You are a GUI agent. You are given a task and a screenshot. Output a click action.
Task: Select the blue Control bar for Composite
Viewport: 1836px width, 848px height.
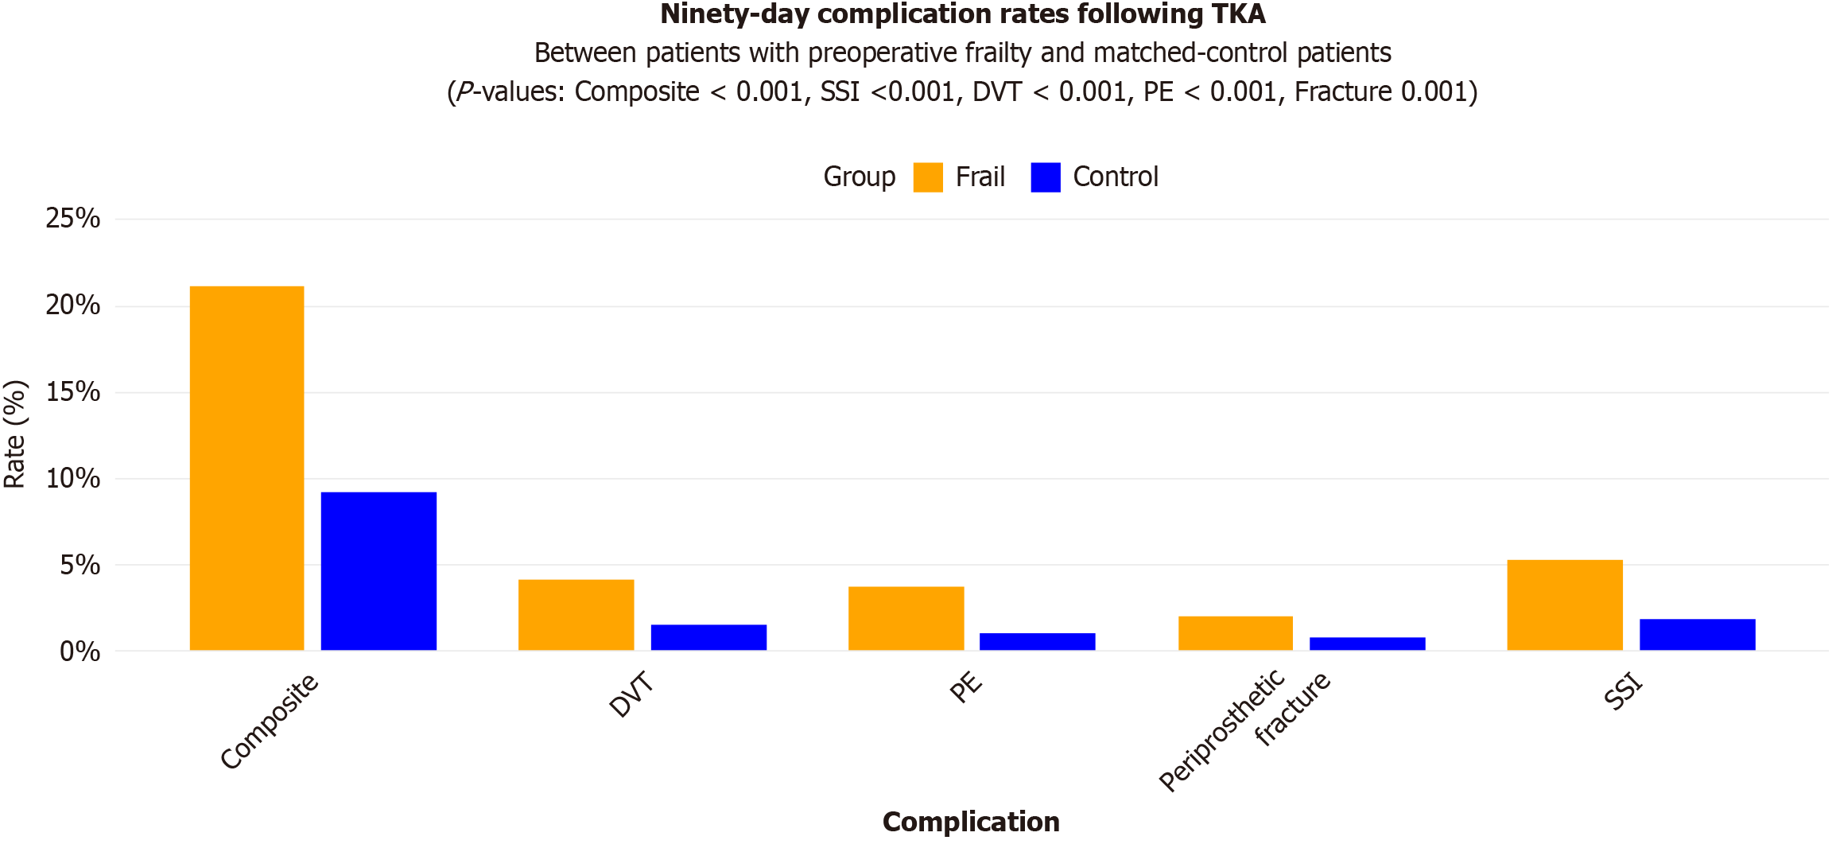point(378,571)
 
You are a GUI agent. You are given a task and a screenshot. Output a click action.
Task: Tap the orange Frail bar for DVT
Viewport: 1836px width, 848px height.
point(576,615)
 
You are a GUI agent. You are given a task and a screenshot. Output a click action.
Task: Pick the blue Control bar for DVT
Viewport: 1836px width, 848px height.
point(708,637)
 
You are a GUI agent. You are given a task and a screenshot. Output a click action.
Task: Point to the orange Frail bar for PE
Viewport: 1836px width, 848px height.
point(906,618)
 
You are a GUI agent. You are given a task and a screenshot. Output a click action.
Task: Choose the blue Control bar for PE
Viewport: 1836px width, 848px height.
point(1037,642)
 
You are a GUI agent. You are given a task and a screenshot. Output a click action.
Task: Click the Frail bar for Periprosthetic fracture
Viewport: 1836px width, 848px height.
point(1235,633)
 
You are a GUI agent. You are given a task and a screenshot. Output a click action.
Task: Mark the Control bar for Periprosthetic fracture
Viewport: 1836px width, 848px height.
point(1367,644)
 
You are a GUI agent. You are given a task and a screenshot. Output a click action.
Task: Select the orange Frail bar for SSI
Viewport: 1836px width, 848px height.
point(1564,605)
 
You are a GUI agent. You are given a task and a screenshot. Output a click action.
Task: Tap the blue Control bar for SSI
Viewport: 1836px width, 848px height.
point(1697,635)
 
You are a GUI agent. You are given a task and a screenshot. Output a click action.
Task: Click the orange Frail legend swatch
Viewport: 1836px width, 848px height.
point(928,177)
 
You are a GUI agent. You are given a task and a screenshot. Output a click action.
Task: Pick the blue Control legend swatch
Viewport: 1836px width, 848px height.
point(1045,177)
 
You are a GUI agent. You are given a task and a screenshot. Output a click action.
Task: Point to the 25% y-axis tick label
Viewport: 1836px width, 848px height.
point(73,219)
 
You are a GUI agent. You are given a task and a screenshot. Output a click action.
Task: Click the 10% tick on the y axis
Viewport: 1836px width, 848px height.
point(73,479)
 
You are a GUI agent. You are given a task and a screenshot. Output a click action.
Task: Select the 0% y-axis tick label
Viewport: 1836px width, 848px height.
point(80,652)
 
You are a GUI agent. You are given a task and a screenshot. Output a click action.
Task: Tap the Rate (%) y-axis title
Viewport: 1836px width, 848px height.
point(15,434)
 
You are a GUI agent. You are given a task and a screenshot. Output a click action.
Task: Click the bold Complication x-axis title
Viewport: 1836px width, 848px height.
point(970,822)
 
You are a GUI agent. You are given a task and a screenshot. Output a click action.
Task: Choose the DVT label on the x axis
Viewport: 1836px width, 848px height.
point(632,694)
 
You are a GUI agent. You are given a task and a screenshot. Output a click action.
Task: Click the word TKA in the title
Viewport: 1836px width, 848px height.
point(1238,14)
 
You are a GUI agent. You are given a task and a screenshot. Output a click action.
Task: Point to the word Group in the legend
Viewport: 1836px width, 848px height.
point(859,177)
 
